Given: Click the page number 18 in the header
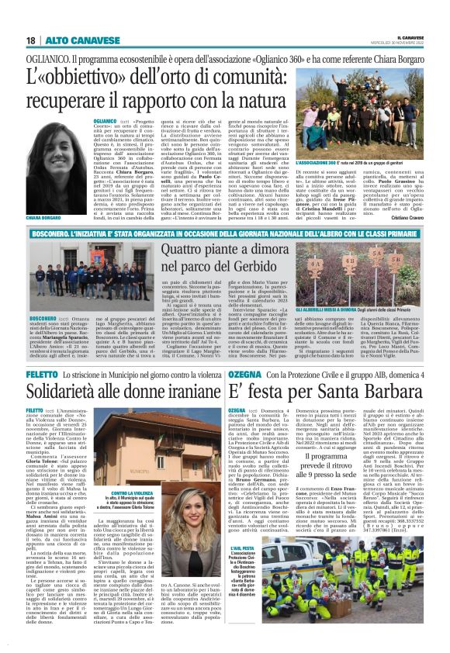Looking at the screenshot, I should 30,40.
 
